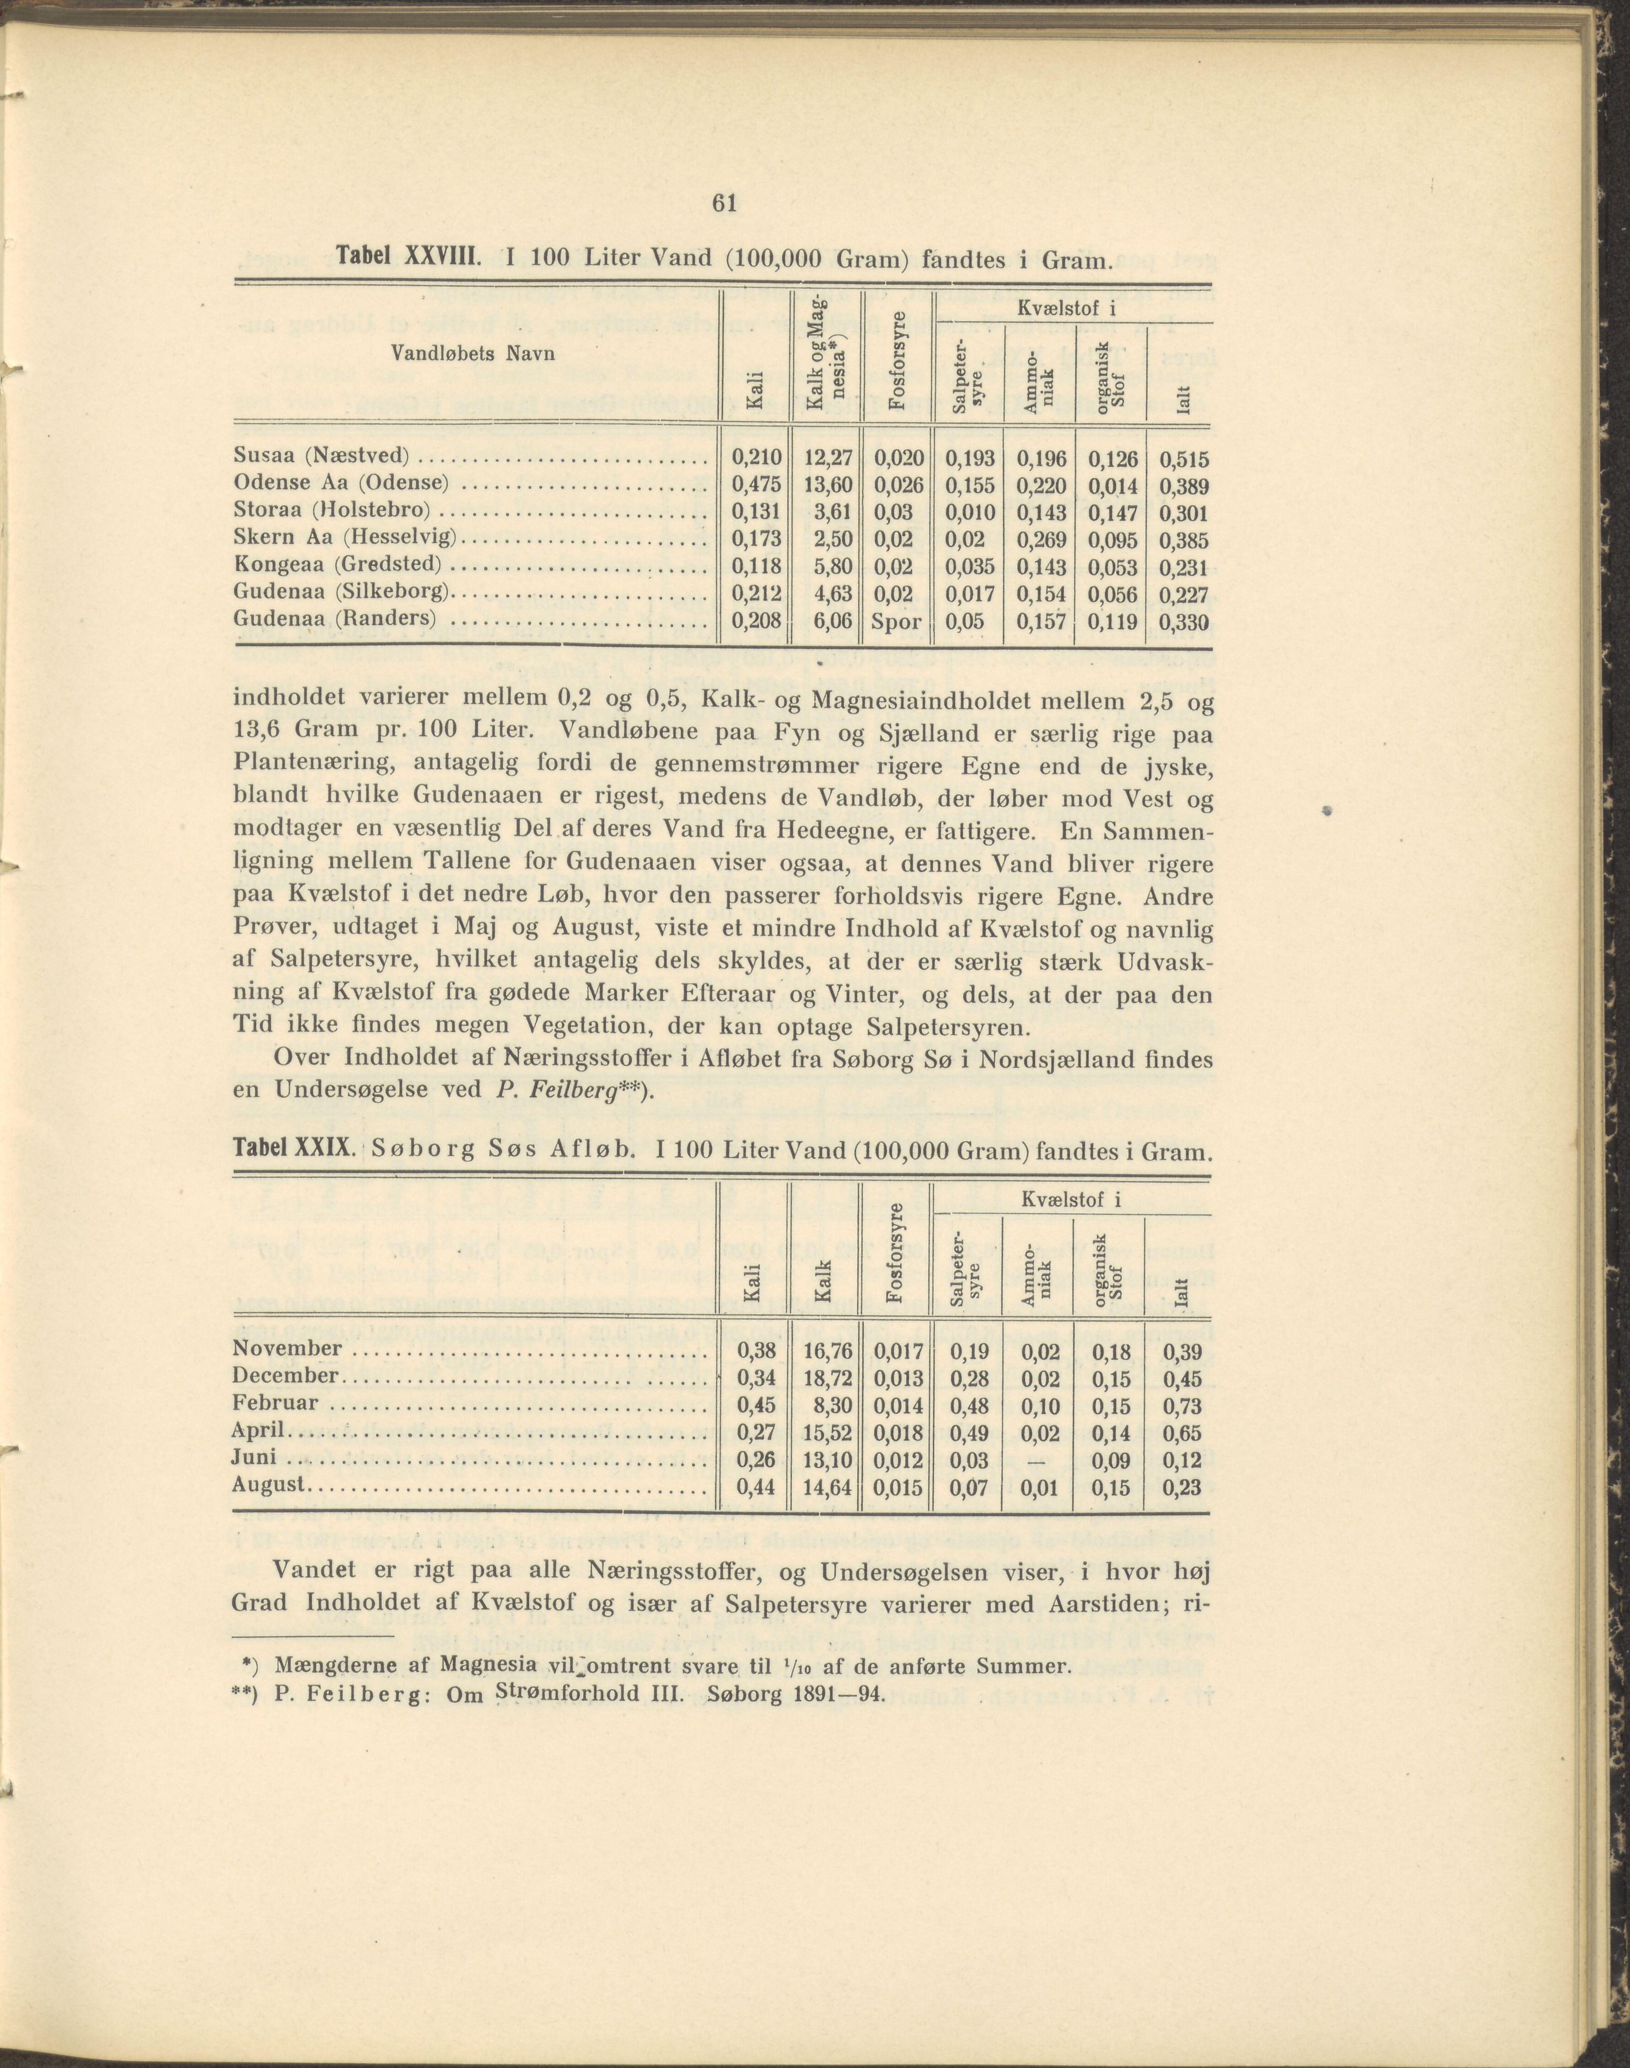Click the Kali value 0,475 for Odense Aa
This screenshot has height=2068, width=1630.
tap(756, 485)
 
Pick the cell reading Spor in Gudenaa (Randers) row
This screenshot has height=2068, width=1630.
tap(896, 622)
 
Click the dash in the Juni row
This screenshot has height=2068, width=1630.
tap(1039, 1460)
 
